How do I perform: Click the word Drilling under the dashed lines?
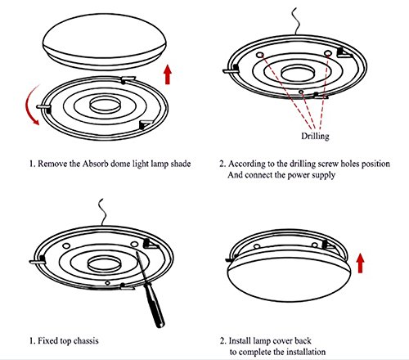pos(315,136)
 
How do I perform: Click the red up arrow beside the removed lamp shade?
pos(168,74)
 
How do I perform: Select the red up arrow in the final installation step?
pos(361,263)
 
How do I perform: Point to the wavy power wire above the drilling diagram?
pos(296,21)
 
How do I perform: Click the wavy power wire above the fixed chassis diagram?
pos(102,212)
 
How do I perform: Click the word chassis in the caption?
pos(86,340)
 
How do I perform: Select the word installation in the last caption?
pos(305,352)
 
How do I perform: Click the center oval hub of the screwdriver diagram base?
pos(104,264)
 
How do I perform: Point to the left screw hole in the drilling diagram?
pos(260,55)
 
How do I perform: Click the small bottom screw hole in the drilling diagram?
pos(301,92)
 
